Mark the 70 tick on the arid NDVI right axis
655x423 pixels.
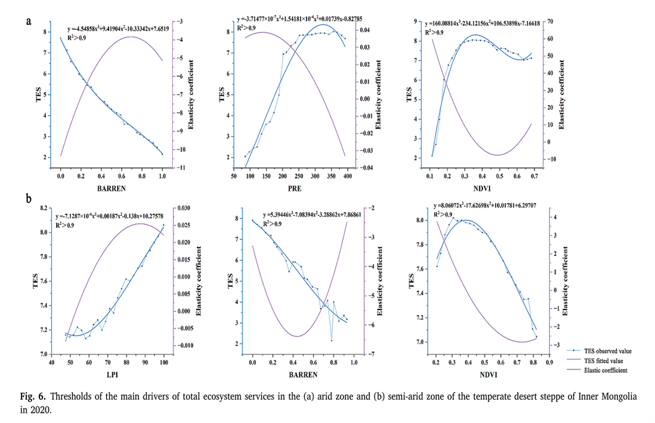[x=550, y=21]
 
